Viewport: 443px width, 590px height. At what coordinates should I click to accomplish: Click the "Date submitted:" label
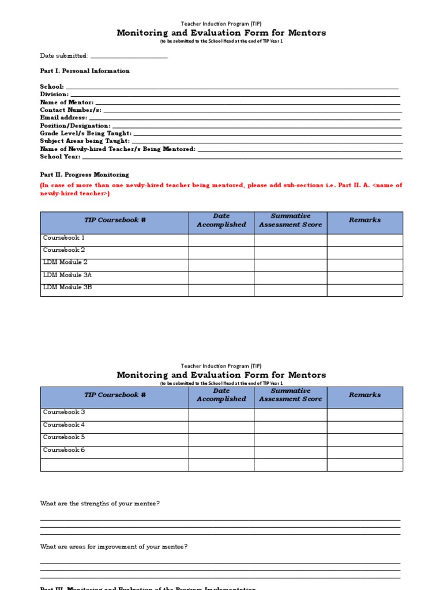point(63,56)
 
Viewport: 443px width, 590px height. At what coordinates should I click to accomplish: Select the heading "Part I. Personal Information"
point(85,71)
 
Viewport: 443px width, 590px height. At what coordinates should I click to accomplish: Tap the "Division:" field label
point(54,94)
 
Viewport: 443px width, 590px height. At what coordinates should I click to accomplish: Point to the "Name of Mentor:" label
point(66,102)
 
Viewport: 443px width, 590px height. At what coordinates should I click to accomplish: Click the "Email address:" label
point(63,118)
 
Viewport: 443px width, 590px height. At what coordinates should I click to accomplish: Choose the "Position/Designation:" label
point(75,126)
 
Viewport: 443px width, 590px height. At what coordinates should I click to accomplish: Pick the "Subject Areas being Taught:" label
point(85,141)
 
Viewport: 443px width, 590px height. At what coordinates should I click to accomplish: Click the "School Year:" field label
point(60,156)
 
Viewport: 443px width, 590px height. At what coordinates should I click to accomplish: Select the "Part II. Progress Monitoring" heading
point(84,175)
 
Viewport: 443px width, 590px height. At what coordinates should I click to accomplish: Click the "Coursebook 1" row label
point(64,237)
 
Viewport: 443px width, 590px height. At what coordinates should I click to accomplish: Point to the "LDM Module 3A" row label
point(67,275)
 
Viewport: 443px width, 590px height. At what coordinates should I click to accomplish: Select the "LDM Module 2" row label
point(65,262)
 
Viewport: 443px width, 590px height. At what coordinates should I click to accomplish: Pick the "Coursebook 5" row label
point(64,437)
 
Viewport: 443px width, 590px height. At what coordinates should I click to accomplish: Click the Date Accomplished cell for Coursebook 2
point(221,252)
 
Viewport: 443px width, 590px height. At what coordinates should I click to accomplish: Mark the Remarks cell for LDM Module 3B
point(365,290)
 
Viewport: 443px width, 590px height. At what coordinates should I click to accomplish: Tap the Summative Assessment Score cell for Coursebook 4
point(290,427)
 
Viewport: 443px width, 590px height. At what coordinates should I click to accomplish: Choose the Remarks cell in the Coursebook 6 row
point(365,452)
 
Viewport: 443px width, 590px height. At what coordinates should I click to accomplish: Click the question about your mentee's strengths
point(100,504)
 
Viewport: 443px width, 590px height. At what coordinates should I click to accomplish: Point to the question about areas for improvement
point(114,546)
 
